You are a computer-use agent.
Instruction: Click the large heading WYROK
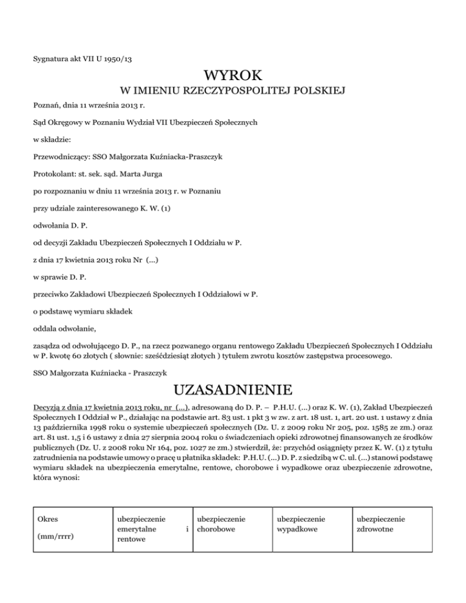[x=233, y=76]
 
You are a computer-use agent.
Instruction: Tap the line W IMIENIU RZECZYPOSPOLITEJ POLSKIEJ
[x=233, y=92]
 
